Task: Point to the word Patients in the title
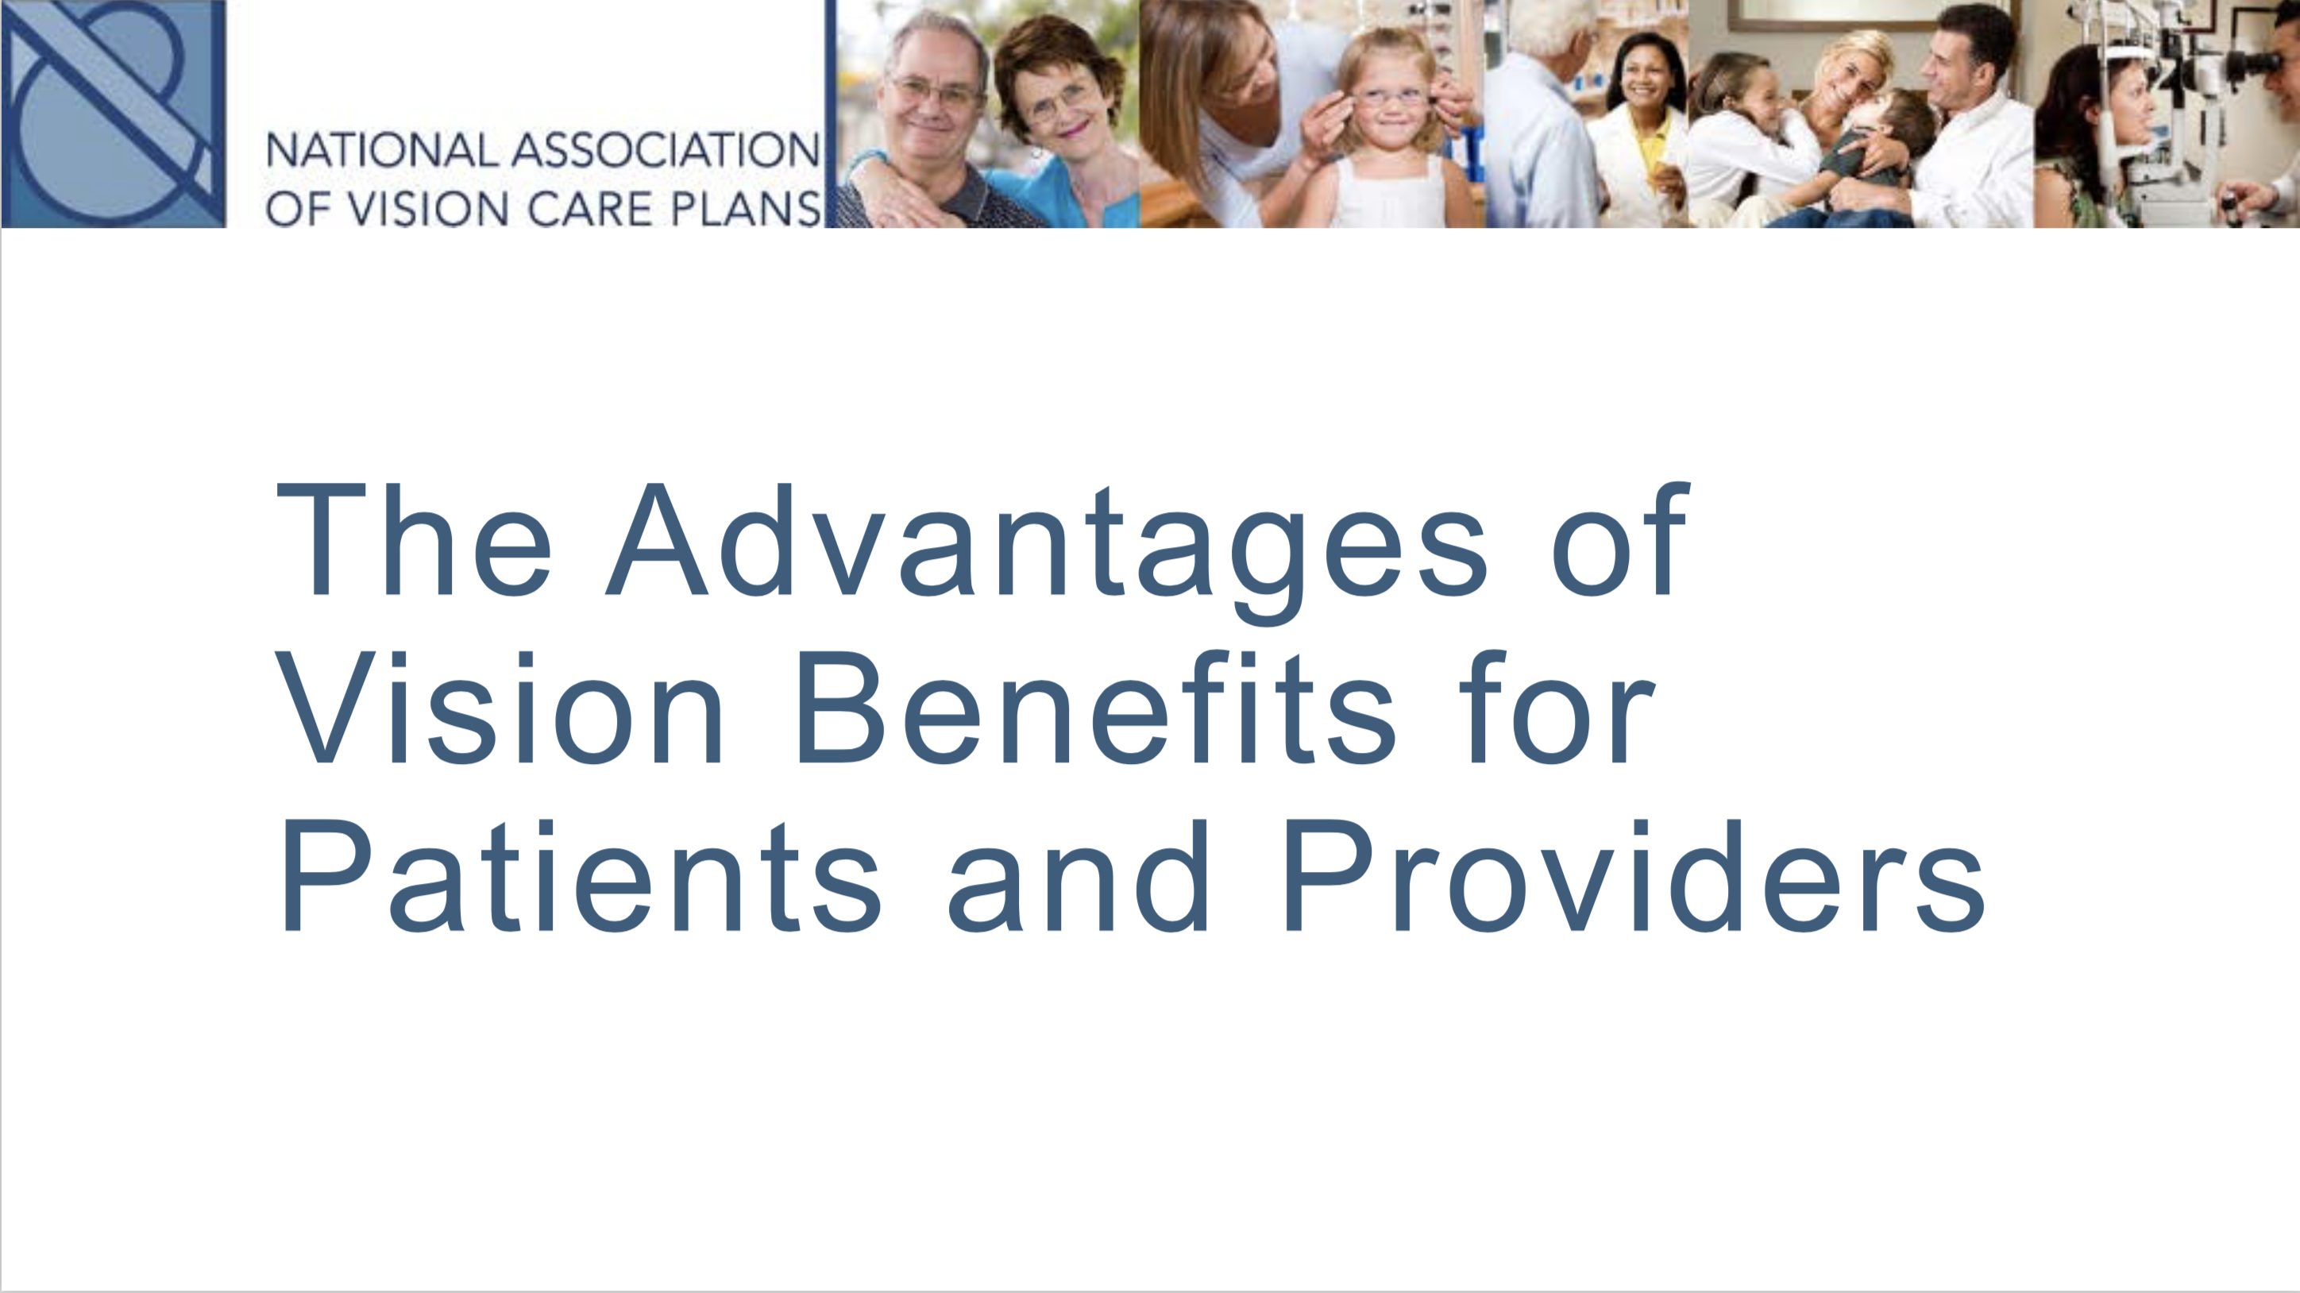pyautogui.click(x=580, y=876)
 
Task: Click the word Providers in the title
pyautogui.click(x=1634, y=876)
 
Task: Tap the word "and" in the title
pyautogui.click(x=1079, y=876)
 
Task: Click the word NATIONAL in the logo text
pyautogui.click(x=382, y=150)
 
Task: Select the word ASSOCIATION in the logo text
pyautogui.click(x=666, y=150)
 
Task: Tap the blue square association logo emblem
pyautogui.click(x=114, y=114)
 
